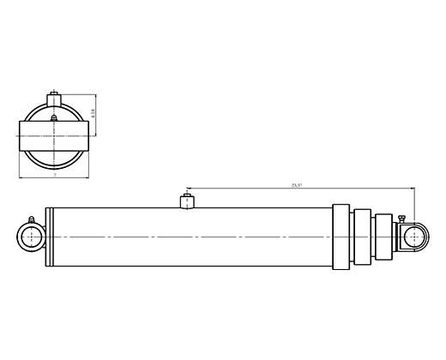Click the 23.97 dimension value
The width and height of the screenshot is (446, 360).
pyautogui.click(x=298, y=184)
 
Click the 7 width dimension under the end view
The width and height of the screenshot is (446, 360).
pyautogui.click(x=53, y=175)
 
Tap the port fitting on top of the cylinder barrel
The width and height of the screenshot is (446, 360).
pyautogui.click(x=184, y=202)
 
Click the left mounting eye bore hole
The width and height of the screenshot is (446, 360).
pyautogui.click(x=32, y=236)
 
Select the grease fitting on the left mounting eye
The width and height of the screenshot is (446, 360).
pyautogui.click(x=31, y=219)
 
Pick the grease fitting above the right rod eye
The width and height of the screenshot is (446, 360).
pyautogui.click(x=400, y=219)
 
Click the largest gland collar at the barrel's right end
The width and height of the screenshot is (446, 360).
pyautogui.click(x=340, y=236)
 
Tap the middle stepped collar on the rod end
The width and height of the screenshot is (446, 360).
pyautogui.click(x=361, y=236)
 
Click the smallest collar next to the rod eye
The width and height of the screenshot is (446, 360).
pyautogui.click(x=382, y=236)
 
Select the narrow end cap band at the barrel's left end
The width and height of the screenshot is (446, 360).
pyautogui.click(x=49, y=236)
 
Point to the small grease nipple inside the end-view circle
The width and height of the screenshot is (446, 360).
pyautogui.click(x=53, y=117)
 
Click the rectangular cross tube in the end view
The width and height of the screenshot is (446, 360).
pyautogui.click(x=53, y=132)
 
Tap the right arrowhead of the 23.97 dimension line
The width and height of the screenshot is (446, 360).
pyautogui.click(x=412, y=188)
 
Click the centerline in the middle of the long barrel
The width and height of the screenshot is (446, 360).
pyautogui.click(x=189, y=236)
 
